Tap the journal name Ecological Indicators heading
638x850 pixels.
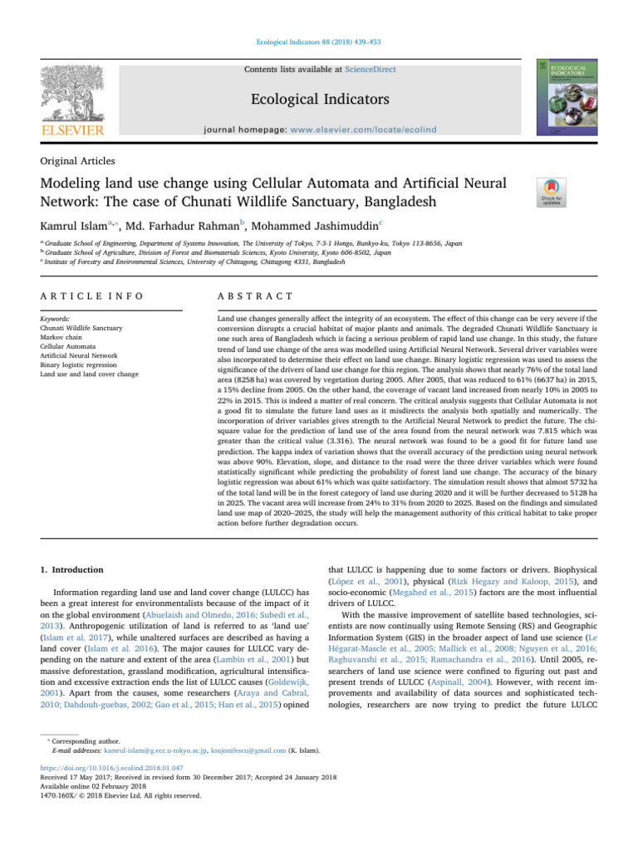click(x=320, y=100)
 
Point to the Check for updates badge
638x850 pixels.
click(x=553, y=193)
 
